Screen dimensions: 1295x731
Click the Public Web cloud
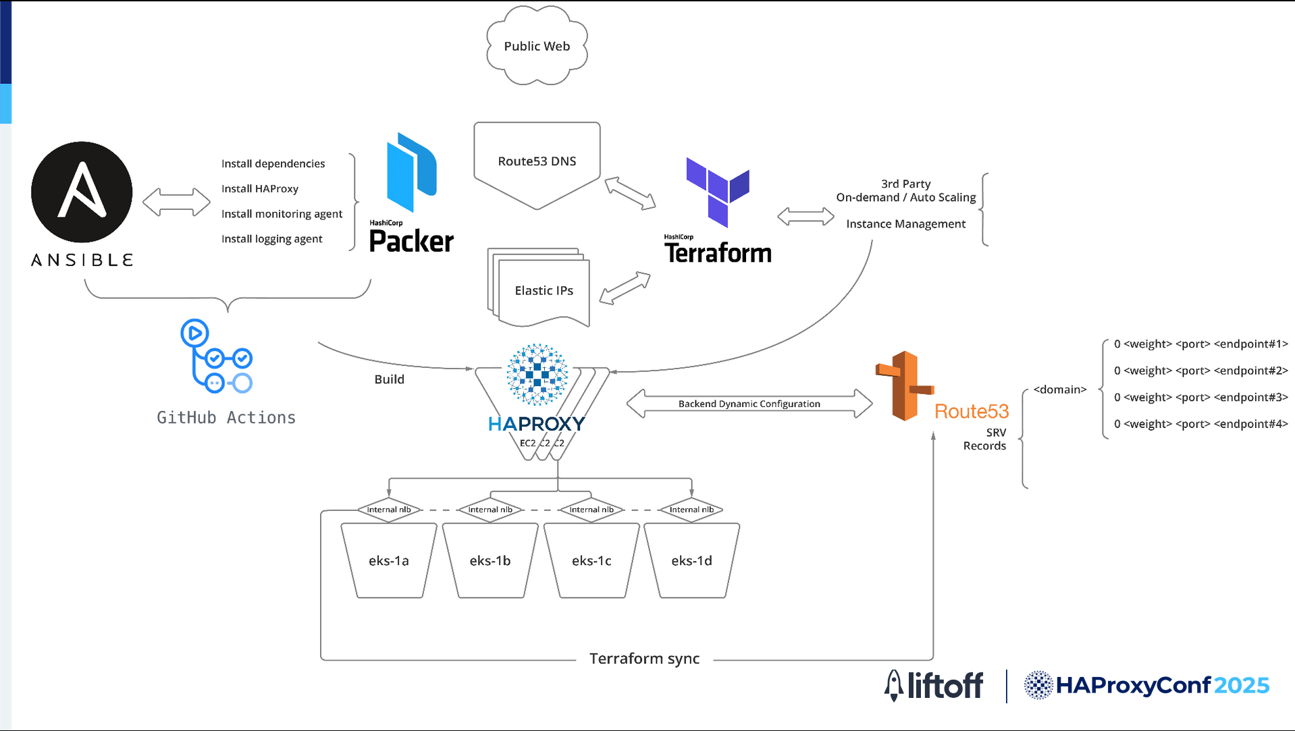tap(537, 45)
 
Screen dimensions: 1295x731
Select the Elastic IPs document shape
tap(539, 288)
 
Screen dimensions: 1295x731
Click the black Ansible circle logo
tap(82, 192)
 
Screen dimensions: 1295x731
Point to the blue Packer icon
tap(411, 172)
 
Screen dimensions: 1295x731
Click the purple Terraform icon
tap(718, 192)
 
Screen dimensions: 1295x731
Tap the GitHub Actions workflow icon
tap(216, 356)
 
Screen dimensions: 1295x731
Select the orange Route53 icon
tap(905, 386)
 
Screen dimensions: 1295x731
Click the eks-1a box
tap(389, 560)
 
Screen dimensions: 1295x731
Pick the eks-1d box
tap(691, 560)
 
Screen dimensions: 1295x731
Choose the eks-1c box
tap(591, 560)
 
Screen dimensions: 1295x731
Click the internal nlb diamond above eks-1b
tap(490, 510)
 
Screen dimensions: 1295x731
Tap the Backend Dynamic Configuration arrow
tap(749, 404)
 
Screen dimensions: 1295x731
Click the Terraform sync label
tap(644, 658)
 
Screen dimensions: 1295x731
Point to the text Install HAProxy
tap(260, 189)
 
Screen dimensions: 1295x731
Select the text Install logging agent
tap(272, 239)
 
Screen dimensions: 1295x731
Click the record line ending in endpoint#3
tap(1201, 398)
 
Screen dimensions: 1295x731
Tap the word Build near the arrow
tap(390, 379)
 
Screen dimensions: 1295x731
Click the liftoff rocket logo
tap(894, 686)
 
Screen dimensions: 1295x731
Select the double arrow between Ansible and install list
tap(176, 202)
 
